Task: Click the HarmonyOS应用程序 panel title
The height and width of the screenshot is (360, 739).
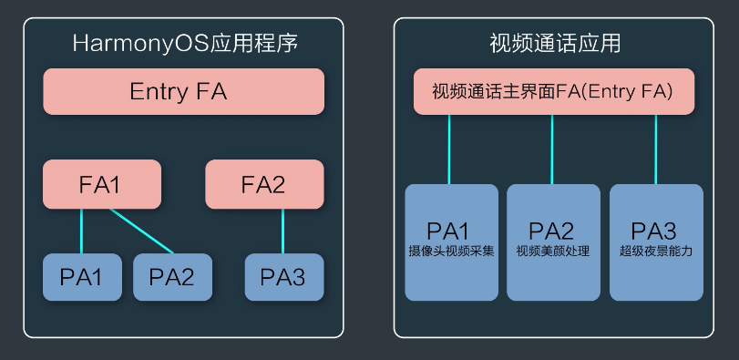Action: [x=184, y=43]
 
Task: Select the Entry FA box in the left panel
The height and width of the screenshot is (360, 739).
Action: [x=184, y=92]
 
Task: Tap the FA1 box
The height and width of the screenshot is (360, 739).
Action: [x=101, y=184]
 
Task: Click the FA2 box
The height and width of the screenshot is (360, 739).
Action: [x=264, y=184]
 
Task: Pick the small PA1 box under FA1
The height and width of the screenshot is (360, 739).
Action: [x=81, y=277]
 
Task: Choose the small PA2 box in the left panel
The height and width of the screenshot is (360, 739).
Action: [x=172, y=277]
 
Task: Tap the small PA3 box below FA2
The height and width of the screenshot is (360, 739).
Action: [x=283, y=277]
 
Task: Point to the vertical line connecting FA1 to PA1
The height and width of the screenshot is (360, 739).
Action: [x=81, y=231]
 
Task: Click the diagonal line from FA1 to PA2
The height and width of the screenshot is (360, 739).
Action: [x=142, y=231]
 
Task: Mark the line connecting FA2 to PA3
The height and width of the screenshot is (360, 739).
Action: [x=283, y=231]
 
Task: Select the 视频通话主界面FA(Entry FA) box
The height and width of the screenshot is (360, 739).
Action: [x=553, y=92]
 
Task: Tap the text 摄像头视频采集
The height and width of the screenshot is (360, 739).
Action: [x=452, y=251]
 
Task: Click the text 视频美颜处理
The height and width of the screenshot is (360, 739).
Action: [x=553, y=251]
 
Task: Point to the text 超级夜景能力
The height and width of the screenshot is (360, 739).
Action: [x=656, y=251]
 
